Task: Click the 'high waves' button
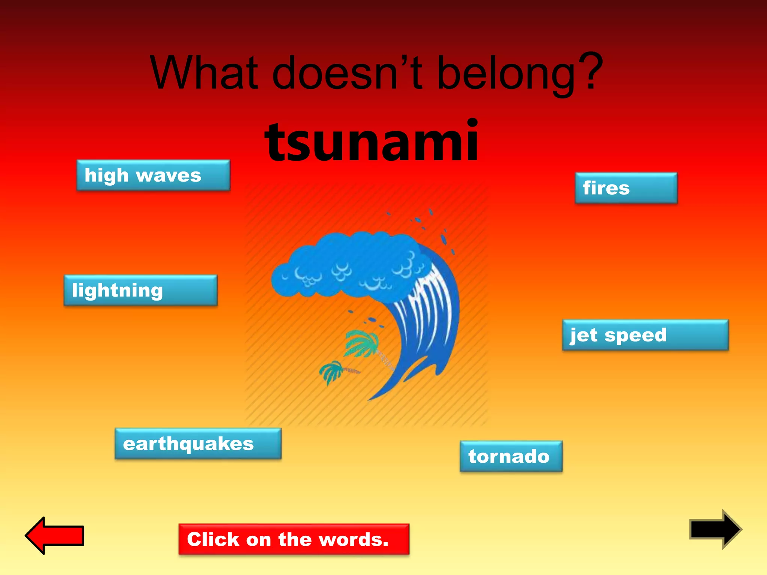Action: point(153,175)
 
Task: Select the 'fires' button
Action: point(626,188)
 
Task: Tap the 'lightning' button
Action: point(140,290)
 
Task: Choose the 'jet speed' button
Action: point(645,335)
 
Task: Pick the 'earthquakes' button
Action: point(198,444)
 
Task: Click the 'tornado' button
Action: point(511,456)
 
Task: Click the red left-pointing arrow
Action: point(55,535)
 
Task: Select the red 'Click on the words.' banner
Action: point(294,539)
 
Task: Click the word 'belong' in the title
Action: point(506,74)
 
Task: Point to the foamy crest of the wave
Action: point(348,266)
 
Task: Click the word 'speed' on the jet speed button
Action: point(636,335)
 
